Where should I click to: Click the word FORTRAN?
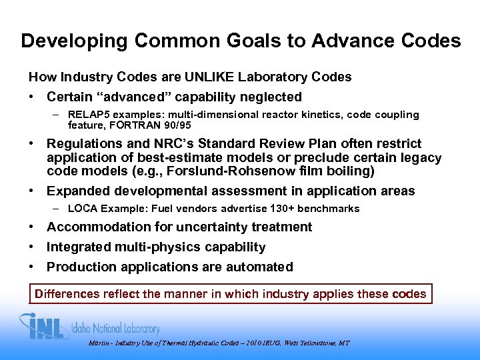point(133,125)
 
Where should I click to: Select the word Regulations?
point(85,143)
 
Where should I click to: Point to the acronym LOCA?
point(83,209)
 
